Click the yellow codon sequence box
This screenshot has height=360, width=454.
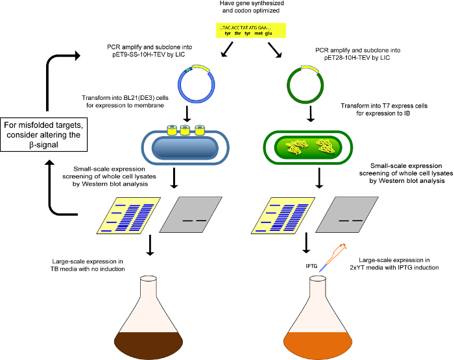click(251, 30)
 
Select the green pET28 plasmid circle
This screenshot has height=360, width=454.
click(289, 86)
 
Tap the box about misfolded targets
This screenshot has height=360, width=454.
click(43, 135)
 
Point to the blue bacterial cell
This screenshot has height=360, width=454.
click(185, 148)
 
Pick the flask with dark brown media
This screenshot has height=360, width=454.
click(149, 318)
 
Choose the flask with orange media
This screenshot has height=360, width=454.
click(318, 318)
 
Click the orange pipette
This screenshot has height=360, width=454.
click(333, 258)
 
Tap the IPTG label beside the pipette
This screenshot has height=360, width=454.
click(311, 266)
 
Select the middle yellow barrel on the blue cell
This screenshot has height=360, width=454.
click(185, 130)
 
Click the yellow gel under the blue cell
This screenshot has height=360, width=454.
click(128, 215)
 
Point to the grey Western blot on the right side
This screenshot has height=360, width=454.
click(347, 215)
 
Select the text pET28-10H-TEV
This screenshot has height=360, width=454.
click(343, 58)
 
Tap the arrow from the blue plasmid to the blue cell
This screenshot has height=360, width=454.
click(187, 114)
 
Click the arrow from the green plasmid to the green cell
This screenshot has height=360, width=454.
click(311, 114)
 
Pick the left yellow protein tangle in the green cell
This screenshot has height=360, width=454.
click(294, 147)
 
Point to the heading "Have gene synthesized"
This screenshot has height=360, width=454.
click(252, 3)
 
